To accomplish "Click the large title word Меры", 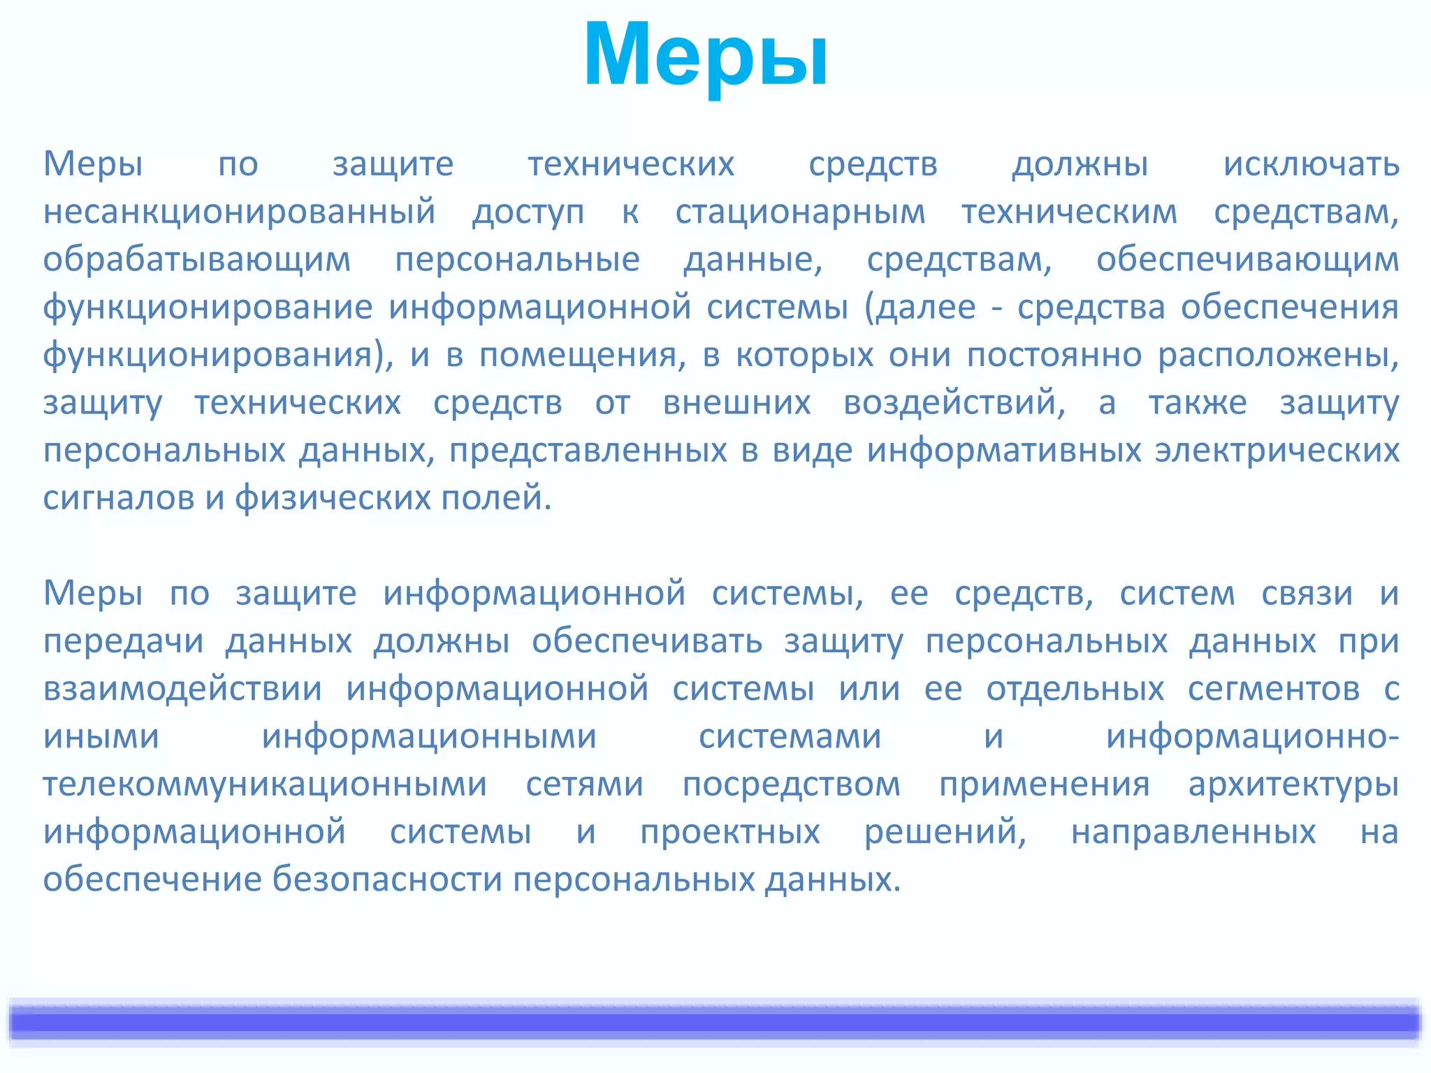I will (706, 56).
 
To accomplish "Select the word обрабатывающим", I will (196, 260).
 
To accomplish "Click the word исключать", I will (1311, 165).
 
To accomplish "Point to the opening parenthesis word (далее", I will (920, 307).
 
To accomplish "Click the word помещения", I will (578, 356).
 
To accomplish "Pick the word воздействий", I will (954, 403).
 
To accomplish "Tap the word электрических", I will (1277, 451).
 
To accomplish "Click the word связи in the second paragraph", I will (1307, 594).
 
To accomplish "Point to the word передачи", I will (123, 641).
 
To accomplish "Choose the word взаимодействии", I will (182, 689).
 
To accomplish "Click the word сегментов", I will (1273, 689).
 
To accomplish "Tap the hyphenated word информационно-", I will (1252, 736).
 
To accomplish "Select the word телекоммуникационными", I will (265, 784).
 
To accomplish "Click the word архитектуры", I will (1293, 784).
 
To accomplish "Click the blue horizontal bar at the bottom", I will (715, 1022).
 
